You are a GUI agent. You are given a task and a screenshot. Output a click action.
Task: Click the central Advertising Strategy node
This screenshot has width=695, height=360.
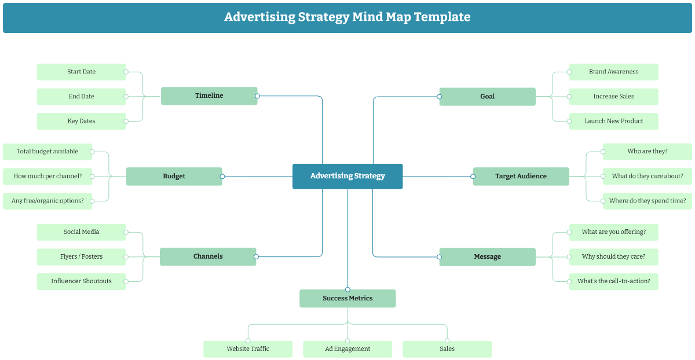pyautogui.click(x=348, y=176)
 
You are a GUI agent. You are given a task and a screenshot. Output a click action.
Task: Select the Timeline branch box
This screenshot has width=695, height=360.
pyautogui.click(x=209, y=96)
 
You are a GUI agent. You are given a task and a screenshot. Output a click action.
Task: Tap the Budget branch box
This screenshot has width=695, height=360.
pyautogui.click(x=174, y=176)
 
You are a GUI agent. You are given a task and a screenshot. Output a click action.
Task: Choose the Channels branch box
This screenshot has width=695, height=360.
pyautogui.click(x=208, y=256)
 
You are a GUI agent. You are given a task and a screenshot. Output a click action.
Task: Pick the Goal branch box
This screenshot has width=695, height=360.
pyautogui.click(x=487, y=97)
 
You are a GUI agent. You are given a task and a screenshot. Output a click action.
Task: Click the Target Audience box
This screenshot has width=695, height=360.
pyautogui.click(x=521, y=176)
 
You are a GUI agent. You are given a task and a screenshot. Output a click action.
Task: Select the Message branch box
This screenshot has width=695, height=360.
pyautogui.click(x=487, y=257)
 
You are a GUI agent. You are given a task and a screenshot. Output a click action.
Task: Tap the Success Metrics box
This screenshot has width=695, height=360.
pyautogui.click(x=348, y=299)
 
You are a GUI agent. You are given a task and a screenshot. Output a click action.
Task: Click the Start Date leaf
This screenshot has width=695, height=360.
pyautogui.click(x=81, y=72)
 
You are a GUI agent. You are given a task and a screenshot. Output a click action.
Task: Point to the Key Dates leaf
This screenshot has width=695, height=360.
pyautogui.click(x=81, y=121)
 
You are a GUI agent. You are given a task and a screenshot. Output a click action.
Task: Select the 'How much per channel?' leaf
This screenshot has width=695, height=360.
pyautogui.click(x=47, y=176)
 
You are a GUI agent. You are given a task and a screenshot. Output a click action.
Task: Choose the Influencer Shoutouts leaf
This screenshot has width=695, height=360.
pyautogui.click(x=81, y=281)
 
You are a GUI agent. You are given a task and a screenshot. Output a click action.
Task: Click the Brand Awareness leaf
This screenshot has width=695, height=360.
pyautogui.click(x=613, y=72)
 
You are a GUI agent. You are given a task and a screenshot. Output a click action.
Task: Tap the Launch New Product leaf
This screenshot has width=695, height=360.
pyautogui.click(x=613, y=121)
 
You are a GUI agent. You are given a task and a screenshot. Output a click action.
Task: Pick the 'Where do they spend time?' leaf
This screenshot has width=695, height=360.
pyautogui.click(x=647, y=201)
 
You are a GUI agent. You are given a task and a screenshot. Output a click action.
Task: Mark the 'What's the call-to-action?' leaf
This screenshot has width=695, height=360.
pyautogui.click(x=613, y=281)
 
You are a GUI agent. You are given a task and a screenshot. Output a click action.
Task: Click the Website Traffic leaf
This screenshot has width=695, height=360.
pyautogui.click(x=248, y=349)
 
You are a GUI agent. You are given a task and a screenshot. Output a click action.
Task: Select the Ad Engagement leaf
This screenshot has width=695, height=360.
pyautogui.click(x=348, y=349)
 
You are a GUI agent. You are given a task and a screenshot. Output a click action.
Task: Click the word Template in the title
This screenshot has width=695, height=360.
pyautogui.click(x=441, y=17)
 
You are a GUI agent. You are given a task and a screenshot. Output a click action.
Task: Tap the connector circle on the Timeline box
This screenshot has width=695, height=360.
pyautogui.click(x=257, y=96)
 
